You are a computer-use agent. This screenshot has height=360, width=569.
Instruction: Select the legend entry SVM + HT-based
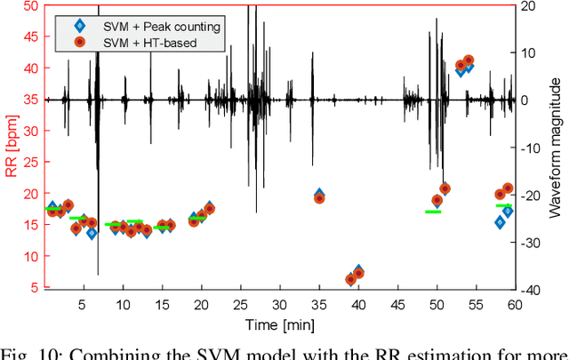(161, 42)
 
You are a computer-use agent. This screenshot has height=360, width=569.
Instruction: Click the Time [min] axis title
(280, 322)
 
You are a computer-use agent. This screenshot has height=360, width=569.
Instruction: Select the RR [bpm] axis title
(12, 147)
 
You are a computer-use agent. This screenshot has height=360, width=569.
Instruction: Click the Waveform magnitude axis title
(557, 147)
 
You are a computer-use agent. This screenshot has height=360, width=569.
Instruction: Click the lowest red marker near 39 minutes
(350, 279)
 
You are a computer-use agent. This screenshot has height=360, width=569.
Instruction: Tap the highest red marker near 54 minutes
(469, 60)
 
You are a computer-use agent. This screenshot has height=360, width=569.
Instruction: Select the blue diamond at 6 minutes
(92, 233)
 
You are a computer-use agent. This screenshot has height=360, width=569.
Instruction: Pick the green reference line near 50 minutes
(433, 212)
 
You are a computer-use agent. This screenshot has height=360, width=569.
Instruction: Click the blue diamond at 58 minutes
(500, 222)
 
